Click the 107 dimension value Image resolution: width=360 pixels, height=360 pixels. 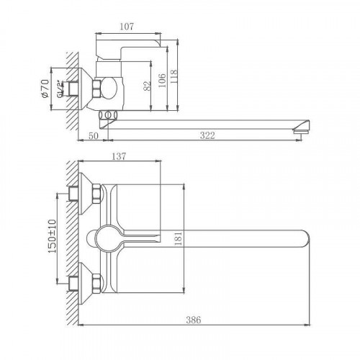point(127,26)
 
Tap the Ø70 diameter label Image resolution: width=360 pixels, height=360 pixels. point(45,89)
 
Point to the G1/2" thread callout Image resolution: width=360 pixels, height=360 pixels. point(60,89)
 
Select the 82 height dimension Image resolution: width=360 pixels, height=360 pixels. point(148,86)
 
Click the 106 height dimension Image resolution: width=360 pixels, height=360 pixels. point(162,81)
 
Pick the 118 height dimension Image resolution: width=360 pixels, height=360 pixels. point(174,76)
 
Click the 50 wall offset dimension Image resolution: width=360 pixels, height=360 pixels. point(94,136)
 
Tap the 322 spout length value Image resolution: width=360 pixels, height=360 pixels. point(207,135)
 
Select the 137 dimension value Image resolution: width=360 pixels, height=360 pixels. point(119,156)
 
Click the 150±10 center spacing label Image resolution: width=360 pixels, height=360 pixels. point(53,236)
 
